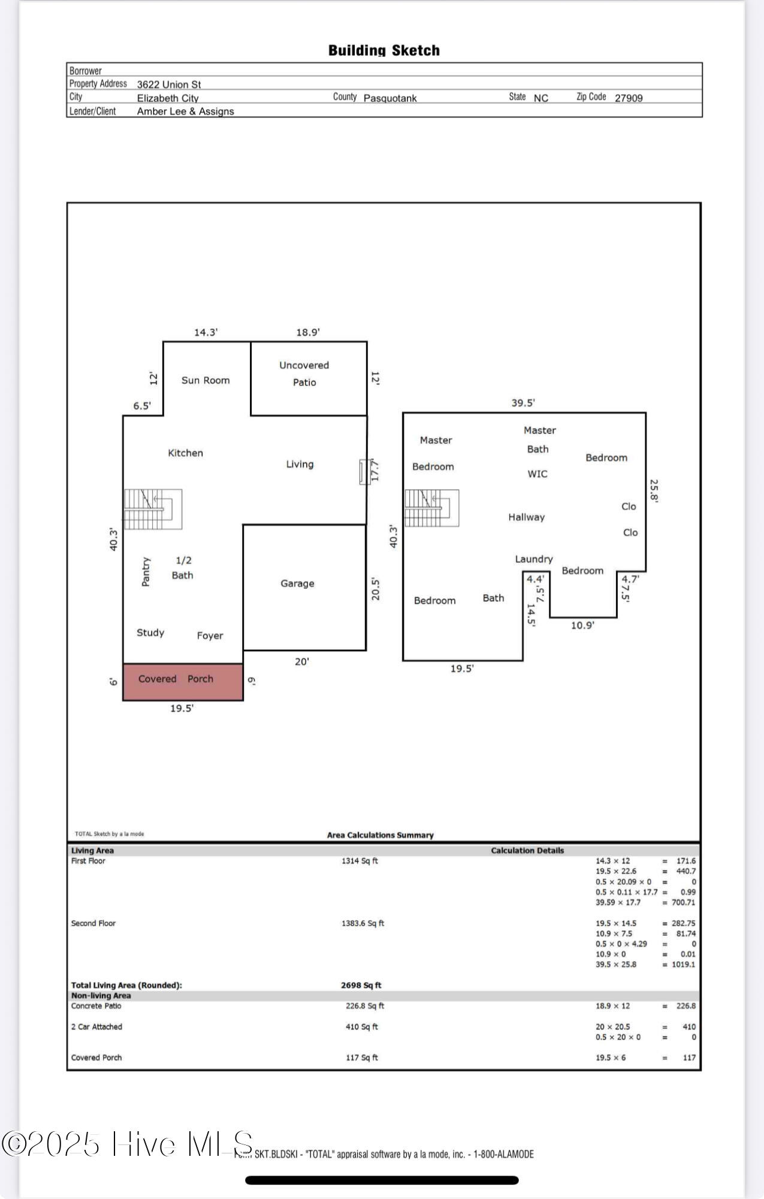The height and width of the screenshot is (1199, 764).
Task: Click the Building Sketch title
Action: click(x=384, y=50)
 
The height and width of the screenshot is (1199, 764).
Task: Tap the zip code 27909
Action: click(x=629, y=98)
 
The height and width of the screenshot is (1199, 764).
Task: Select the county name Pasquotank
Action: click(x=390, y=98)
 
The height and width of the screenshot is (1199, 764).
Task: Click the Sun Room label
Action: click(x=206, y=380)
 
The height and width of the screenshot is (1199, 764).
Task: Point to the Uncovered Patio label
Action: click(x=304, y=373)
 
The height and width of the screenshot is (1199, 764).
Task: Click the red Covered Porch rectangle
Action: click(x=183, y=682)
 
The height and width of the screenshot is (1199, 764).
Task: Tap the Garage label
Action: click(x=297, y=583)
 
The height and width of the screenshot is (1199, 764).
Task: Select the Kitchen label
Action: click(x=185, y=453)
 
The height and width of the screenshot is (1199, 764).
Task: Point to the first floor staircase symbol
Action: click(x=153, y=510)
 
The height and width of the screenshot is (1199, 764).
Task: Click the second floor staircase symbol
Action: click(x=432, y=508)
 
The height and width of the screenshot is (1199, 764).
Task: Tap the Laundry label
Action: click(x=534, y=559)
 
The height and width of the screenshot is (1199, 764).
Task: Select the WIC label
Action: click(x=537, y=474)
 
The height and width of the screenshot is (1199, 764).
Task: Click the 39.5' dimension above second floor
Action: click(x=523, y=403)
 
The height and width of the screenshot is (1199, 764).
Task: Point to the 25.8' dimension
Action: click(x=654, y=491)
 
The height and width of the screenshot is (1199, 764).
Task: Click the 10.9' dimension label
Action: click(x=582, y=625)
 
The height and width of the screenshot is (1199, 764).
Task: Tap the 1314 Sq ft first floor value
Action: click(x=360, y=861)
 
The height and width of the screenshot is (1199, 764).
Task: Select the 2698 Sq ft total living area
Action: click(x=361, y=985)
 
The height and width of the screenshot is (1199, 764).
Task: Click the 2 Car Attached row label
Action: click(x=96, y=1027)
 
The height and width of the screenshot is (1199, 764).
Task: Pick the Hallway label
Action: click(x=527, y=517)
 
